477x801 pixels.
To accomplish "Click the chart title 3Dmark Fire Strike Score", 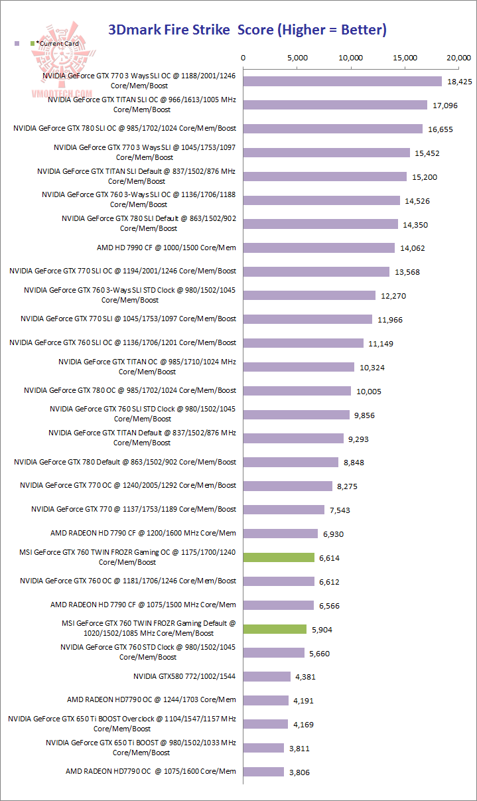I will click(x=247, y=30).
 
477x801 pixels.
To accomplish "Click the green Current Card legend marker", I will click(x=33, y=44).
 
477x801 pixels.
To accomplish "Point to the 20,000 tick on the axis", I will click(x=459, y=58).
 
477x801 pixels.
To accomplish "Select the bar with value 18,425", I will click(x=342, y=81).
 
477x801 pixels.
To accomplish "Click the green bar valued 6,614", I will click(x=279, y=557).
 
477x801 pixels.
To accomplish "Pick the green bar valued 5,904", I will click(x=275, y=629).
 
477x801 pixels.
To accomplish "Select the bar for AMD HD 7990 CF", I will click(x=319, y=248).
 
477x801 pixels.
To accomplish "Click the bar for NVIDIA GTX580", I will click(x=267, y=676).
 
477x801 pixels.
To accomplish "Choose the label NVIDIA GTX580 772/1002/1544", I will click(x=184, y=676).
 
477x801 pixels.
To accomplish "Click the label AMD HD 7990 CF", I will click(x=166, y=248).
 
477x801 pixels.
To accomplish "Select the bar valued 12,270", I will click(x=309, y=295).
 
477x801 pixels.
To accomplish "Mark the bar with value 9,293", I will click(x=293, y=439).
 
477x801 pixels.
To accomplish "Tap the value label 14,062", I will click(x=411, y=248).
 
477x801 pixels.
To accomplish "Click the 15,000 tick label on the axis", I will click(x=405, y=58).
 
